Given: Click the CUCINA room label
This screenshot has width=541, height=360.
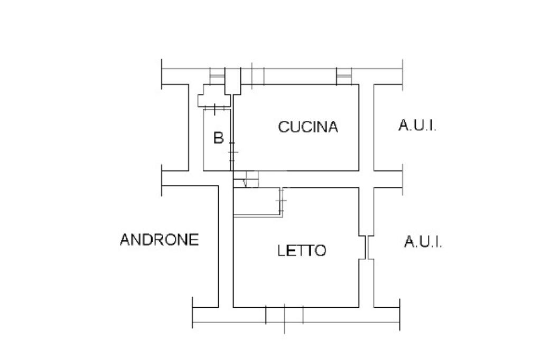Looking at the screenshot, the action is pos(308,127).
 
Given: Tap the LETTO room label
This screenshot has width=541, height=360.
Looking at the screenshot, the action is pos(302,250).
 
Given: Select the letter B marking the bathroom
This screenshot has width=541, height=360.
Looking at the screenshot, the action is pos(218,138).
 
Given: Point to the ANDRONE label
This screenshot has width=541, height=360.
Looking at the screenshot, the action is pos(160,240).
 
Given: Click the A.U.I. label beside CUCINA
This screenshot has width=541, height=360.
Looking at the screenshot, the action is pos(417,126).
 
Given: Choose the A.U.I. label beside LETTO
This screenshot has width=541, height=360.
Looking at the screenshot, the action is pos(423,242).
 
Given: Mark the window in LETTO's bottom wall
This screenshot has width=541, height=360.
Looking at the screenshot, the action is pos(284,315).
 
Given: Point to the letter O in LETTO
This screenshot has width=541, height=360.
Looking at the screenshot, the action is pos(321,250).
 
